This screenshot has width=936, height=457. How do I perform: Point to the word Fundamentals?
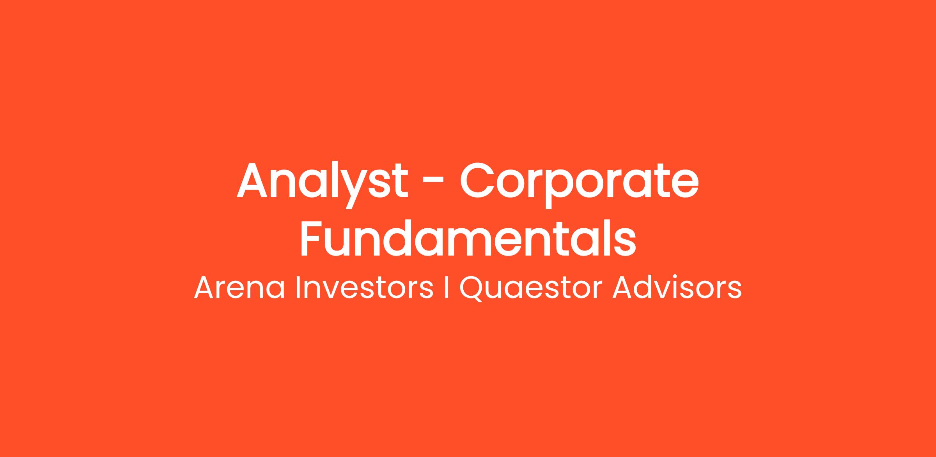pos(468,238)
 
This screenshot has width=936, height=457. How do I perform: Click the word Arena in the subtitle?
pos(239,288)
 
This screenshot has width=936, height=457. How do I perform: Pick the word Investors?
pos(365,288)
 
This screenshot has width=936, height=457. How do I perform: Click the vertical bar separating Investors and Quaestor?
pos(446,288)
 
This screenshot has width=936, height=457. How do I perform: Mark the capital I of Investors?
pos(298,288)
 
